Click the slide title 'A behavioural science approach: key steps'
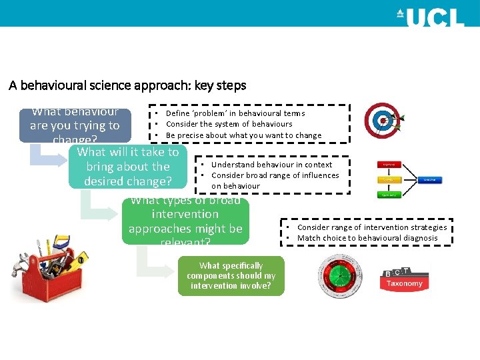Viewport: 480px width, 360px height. point(127,85)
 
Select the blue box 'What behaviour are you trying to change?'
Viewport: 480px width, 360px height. point(75,125)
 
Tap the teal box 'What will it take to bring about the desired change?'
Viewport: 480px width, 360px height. point(128,167)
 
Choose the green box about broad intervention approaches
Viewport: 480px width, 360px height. point(185,221)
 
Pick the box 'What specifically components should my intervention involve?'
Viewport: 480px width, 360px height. point(231,275)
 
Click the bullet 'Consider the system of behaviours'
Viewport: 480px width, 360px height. point(229,124)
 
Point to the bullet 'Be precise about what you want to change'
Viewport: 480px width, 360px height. point(243,135)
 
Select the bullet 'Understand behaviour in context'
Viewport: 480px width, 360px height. point(271,165)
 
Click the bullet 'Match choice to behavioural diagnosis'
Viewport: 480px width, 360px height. point(367,238)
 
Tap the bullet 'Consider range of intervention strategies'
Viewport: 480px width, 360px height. point(372,227)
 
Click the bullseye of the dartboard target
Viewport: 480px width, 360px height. point(383,121)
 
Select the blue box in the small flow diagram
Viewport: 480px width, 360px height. point(430,179)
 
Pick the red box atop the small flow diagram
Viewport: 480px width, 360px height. point(390,164)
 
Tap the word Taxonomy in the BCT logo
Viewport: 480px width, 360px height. point(405,284)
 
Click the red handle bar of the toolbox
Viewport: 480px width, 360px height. point(57,267)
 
